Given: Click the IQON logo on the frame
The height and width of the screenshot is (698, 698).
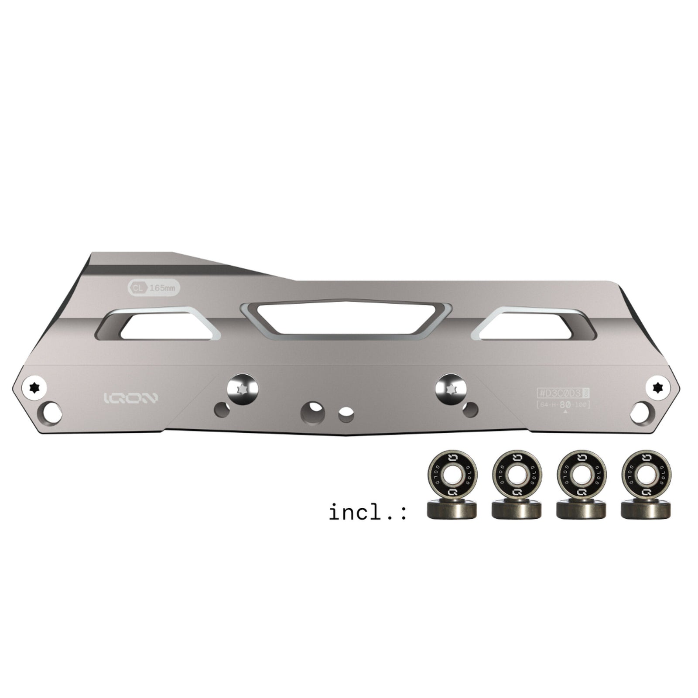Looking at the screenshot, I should coord(131,398).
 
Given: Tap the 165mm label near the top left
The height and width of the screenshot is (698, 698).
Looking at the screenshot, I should coord(162,288).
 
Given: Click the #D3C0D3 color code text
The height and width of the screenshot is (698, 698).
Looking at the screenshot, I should coord(560,393).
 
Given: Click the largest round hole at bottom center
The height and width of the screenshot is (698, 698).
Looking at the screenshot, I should coord(313,412).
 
